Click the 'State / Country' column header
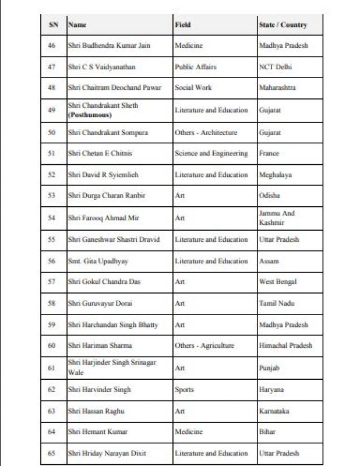pos(283,25)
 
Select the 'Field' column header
pos(183,25)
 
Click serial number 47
pos(52,67)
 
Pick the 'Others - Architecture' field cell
pos(206,132)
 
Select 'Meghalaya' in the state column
pos(276,175)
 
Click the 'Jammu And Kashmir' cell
pos(277,218)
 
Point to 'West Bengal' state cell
pos(278,282)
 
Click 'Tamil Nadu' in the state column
pos(277,303)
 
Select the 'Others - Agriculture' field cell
pos(204,345)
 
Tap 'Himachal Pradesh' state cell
pos(285,345)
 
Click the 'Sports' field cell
pos(184,390)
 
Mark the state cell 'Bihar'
pos(267,432)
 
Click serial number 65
pos(52,453)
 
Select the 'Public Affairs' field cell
pos(195,67)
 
